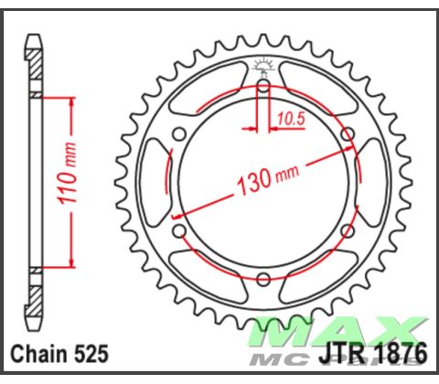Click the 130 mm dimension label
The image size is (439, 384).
pos(265,179)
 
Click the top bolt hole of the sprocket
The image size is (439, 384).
pos(262,87)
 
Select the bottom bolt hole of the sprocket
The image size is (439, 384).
pos(262,278)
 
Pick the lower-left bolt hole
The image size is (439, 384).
pos(179,230)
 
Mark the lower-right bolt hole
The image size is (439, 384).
pos(346,230)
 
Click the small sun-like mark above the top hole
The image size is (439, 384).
pos(262,64)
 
